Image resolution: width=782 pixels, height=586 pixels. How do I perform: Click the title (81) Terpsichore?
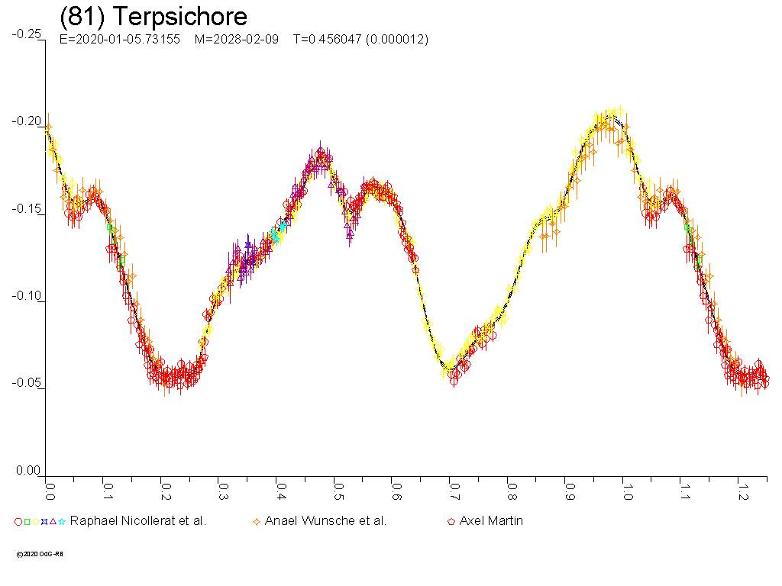[153, 17]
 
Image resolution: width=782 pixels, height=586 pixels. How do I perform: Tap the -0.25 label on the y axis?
[27, 34]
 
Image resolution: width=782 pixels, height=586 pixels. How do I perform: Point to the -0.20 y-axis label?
[27, 122]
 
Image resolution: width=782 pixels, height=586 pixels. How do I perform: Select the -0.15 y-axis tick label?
[27, 210]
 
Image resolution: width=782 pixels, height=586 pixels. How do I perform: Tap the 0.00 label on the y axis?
[28, 471]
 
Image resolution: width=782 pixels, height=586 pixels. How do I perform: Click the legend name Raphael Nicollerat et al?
[138, 521]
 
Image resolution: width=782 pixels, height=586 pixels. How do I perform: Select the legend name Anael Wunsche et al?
[325, 521]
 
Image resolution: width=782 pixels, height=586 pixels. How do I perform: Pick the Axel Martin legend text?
[491, 521]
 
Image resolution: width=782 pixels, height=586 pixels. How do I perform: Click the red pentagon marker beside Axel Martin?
[451, 522]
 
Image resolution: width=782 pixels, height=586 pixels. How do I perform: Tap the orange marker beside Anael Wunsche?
[257, 522]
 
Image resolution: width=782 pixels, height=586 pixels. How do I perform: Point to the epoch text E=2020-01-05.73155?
[119, 40]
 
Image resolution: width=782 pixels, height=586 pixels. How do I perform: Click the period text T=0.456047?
[329, 40]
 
